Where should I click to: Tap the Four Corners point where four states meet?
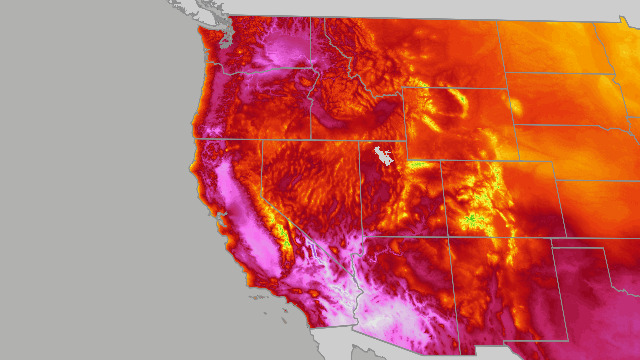point(448,237)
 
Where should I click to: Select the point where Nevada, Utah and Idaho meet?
point(359,141)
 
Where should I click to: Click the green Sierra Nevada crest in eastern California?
point(283,233)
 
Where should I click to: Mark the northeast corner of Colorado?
point(552,162)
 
